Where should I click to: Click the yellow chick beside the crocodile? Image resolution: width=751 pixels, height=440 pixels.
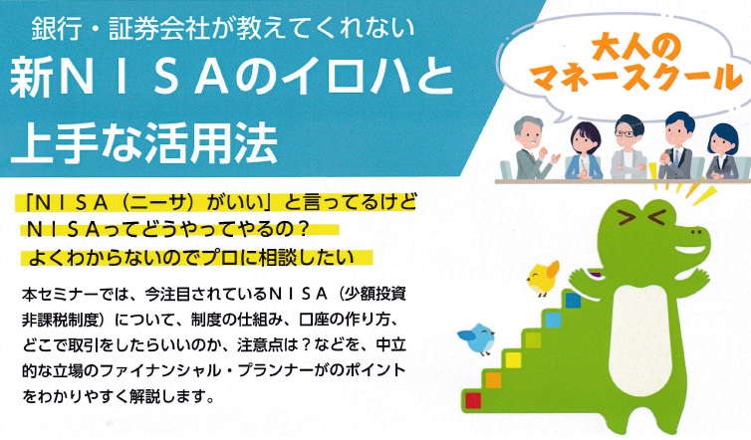pos(543,278)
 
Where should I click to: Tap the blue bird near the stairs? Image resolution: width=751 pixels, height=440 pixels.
pos(477,338)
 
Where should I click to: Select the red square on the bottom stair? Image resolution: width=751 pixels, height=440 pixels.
pos(473,400)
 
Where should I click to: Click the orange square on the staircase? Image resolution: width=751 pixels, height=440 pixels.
pos(493,380)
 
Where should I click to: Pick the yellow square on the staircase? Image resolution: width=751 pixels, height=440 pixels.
pos(513,360)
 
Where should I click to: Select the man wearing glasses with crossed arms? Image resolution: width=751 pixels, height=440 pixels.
pos(627,147)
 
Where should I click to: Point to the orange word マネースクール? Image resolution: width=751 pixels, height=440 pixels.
pos(636,77)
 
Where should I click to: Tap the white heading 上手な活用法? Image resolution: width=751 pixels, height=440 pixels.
pos(143,142)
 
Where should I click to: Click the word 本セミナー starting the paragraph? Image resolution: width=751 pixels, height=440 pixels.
pos(60,294)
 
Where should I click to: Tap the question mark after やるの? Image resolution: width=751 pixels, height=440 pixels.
pos(301,230)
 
